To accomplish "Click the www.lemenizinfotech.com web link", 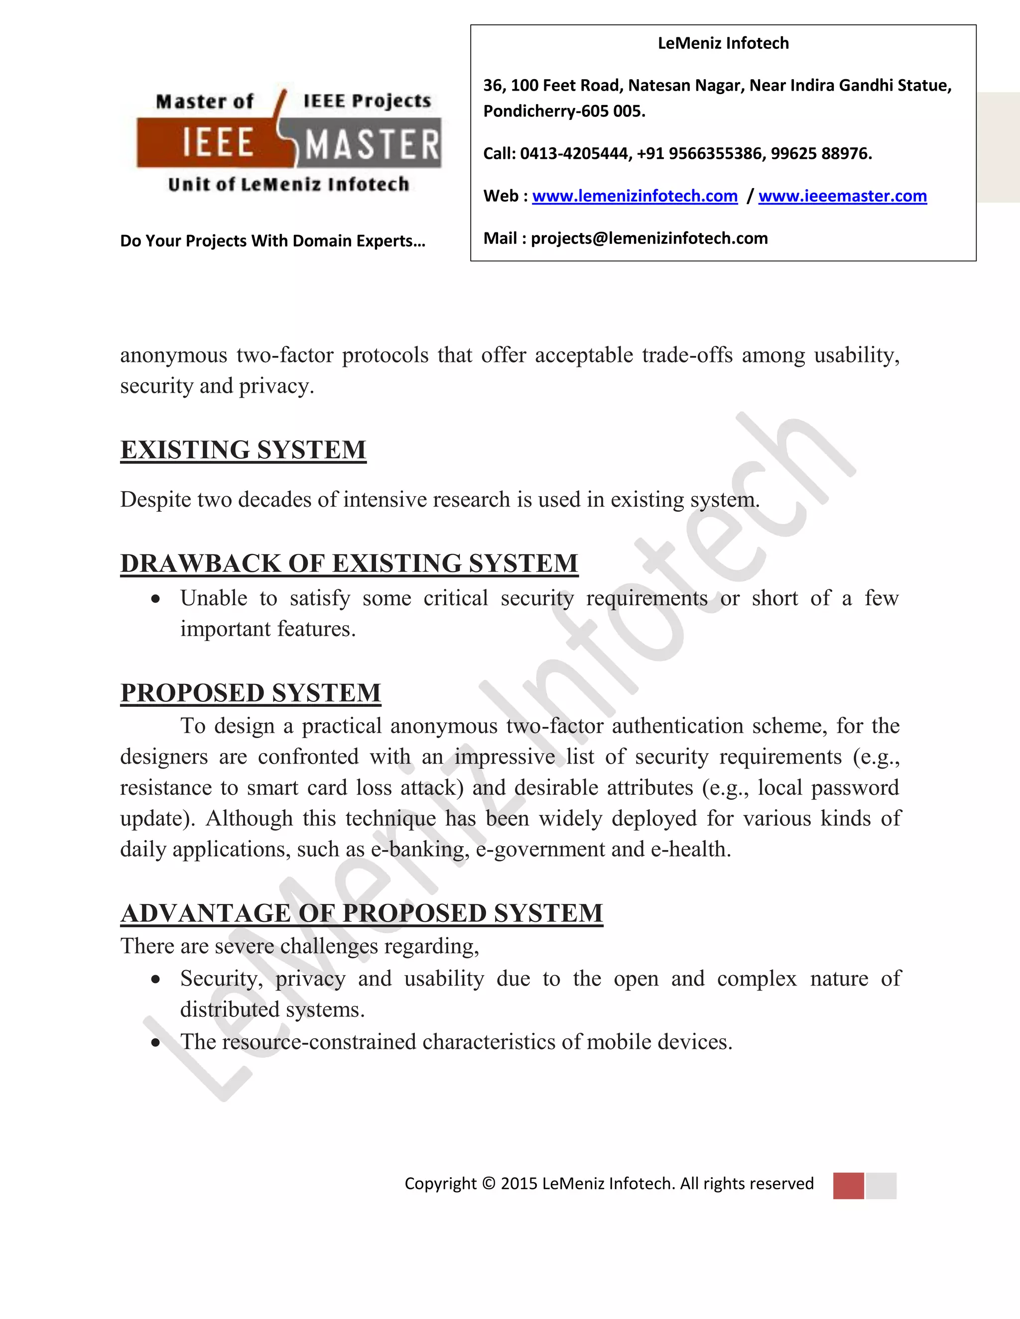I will click(x=635, y=196).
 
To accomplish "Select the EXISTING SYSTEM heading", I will click(x=243, y=450).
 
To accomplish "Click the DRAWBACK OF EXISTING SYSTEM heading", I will click(x=349, y=563).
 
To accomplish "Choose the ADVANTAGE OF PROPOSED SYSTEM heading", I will click(x=362, y=913).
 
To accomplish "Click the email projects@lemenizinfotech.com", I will click(x=649, y=238).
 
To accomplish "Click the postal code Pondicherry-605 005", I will click(x=564, y=111).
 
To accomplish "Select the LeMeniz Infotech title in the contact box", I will click(x=723, y=43).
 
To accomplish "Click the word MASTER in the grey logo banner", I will click(x=372, y=145).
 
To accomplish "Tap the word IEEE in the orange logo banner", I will click(x=218, y=144).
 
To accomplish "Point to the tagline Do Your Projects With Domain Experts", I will click(x=272, y=241).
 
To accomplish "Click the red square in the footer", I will click(x=848, y=1186).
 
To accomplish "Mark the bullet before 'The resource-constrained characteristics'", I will click(x=156, y=1043).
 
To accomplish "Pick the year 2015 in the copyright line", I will click(x=518, y=1184).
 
